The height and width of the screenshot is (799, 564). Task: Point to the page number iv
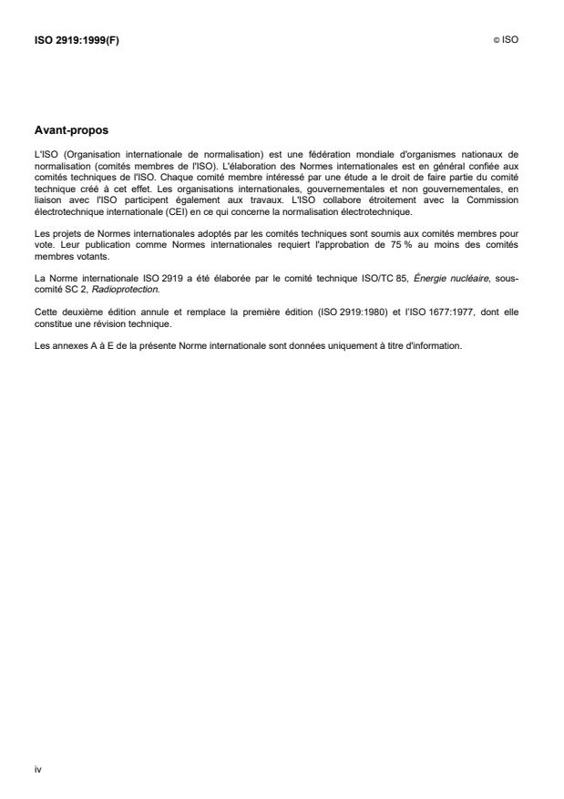37,769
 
